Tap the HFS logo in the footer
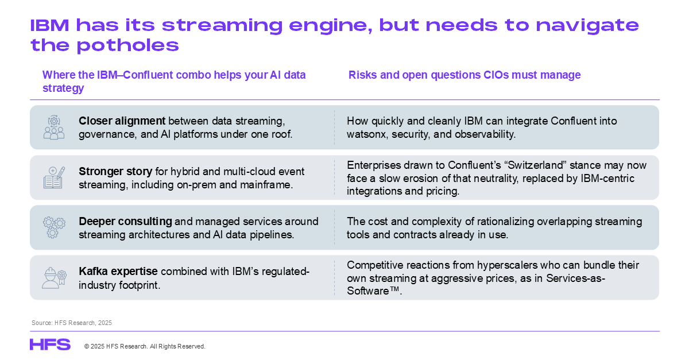[50, 344]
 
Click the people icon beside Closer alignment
[54, 127]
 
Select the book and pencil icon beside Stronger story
[54, 177]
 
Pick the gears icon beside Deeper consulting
[54, 227]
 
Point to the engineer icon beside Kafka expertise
[54, 277]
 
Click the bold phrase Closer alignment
[122, 121]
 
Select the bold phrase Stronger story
[115, 172]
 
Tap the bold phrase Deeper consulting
[125, 221]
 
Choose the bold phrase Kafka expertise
[118, 272]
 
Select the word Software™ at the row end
[373, 291]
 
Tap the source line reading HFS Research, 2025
[72, 323]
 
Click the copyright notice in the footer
[145, 346]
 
